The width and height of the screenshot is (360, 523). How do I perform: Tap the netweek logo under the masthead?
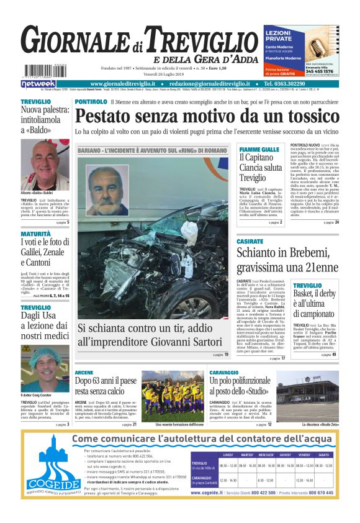click(38, 83)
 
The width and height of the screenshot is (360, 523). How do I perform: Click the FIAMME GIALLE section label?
click(259, 150)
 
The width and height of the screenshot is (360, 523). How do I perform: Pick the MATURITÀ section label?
click(35, 234)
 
